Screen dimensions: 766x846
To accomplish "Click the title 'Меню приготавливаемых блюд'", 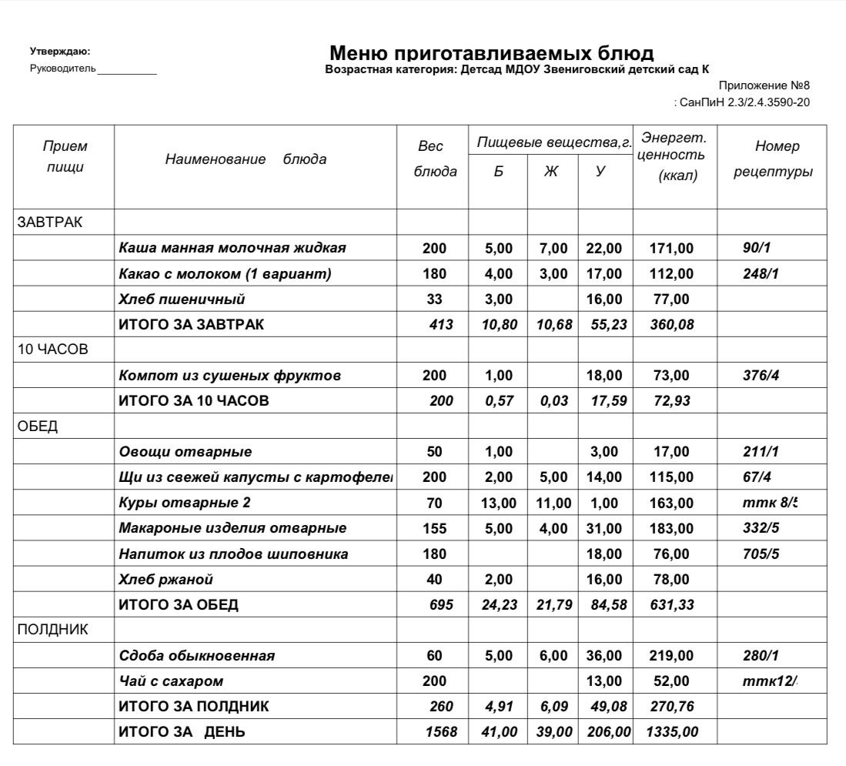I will (491, 53).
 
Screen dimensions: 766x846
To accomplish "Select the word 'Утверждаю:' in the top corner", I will (60, 52).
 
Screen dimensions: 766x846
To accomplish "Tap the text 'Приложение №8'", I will (764, 85).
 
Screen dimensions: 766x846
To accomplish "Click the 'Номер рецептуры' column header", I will (772, 159).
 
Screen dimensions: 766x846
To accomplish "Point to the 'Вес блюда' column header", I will (435, 159).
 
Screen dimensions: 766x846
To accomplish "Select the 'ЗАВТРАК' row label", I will (50, 222).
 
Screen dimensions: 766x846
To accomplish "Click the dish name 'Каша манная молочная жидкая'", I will (232, 248).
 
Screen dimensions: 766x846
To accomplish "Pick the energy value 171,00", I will (672, 248).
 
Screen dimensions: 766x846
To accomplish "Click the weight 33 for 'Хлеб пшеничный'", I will (434, 299).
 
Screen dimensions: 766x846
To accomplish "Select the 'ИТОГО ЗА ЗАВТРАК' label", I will (191, 324).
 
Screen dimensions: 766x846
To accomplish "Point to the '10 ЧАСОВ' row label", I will (53, 350).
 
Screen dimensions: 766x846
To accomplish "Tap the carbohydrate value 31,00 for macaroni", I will (604, 528).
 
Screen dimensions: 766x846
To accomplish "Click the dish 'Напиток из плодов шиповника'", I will (233, 554).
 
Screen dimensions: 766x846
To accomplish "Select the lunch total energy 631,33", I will (672, 604).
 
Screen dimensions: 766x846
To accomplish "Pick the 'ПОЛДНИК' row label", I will (53, 630).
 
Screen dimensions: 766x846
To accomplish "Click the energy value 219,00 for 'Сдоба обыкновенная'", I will (672, 656).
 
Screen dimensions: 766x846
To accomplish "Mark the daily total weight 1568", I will (440, 732).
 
